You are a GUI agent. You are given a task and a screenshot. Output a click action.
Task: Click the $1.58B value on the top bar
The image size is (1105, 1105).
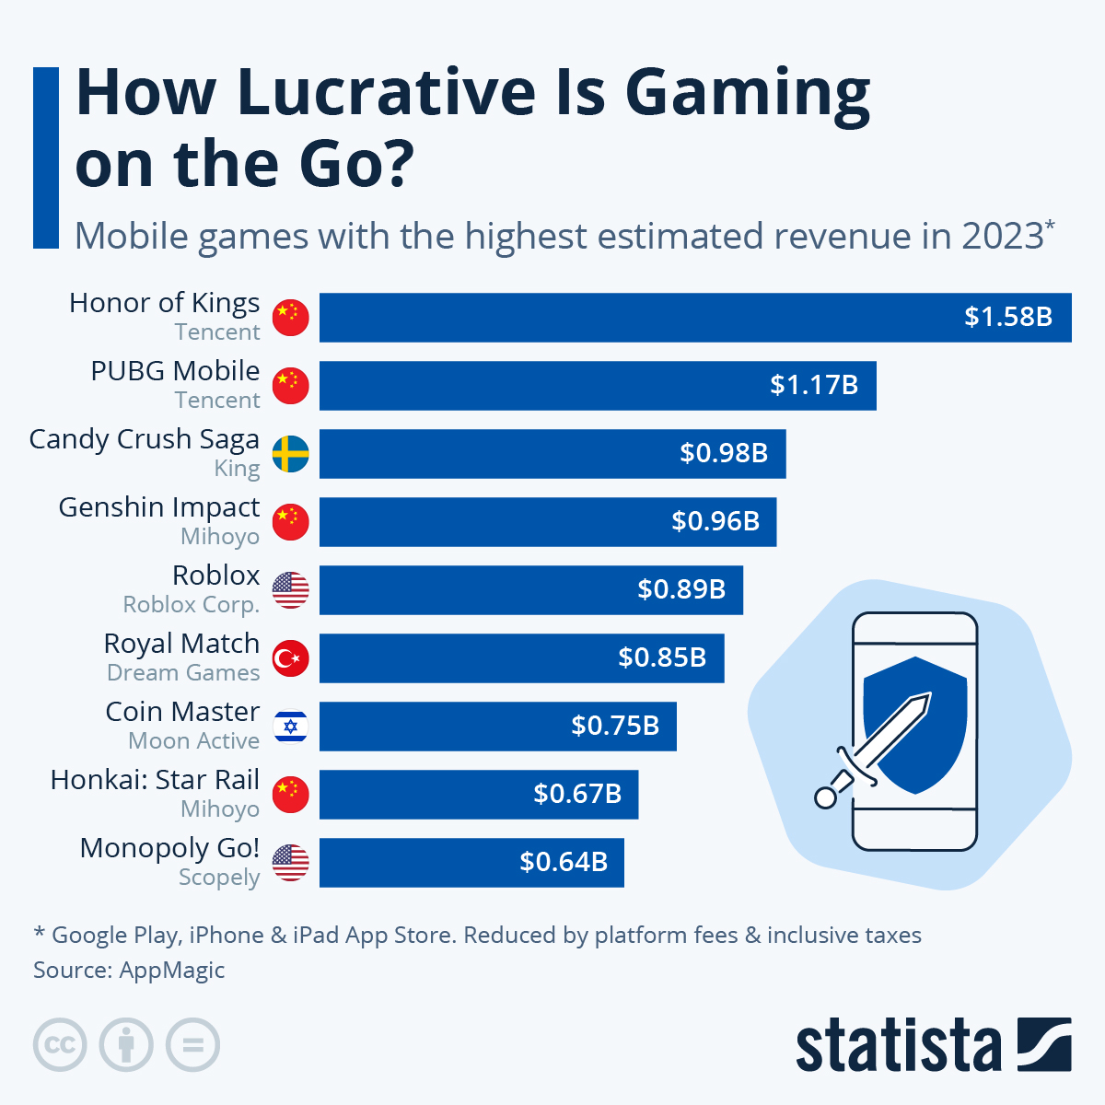1007,317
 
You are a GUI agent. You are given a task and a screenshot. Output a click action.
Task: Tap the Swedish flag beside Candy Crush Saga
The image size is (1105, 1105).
291,454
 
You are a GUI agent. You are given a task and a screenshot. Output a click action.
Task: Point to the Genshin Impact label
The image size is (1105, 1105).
158,507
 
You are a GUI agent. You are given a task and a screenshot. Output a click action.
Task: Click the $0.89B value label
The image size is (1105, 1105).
680,589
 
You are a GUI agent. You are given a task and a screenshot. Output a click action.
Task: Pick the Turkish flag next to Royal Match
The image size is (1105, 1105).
291,658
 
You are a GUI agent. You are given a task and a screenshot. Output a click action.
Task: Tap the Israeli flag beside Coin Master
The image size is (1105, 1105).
291,727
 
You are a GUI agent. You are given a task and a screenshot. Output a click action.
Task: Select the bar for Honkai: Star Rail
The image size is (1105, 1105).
478,794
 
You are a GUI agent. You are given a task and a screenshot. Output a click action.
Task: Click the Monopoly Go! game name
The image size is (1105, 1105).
169,848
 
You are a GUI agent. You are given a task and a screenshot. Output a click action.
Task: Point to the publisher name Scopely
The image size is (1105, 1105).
219,878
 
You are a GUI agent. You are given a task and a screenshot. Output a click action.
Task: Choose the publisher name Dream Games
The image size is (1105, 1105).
183,673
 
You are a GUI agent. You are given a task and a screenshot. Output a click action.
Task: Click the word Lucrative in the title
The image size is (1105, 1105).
386,92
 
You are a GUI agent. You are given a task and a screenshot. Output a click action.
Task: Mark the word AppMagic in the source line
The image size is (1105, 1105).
172,971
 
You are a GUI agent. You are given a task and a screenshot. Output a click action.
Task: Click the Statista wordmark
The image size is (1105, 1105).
898,1046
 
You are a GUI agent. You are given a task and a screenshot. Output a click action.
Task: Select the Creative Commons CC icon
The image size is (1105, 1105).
60,1045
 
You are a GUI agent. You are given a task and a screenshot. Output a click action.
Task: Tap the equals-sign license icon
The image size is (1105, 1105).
192,1045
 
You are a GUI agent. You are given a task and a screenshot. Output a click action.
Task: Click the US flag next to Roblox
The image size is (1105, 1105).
291,590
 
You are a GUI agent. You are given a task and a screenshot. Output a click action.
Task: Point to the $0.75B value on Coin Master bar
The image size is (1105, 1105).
614,726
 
